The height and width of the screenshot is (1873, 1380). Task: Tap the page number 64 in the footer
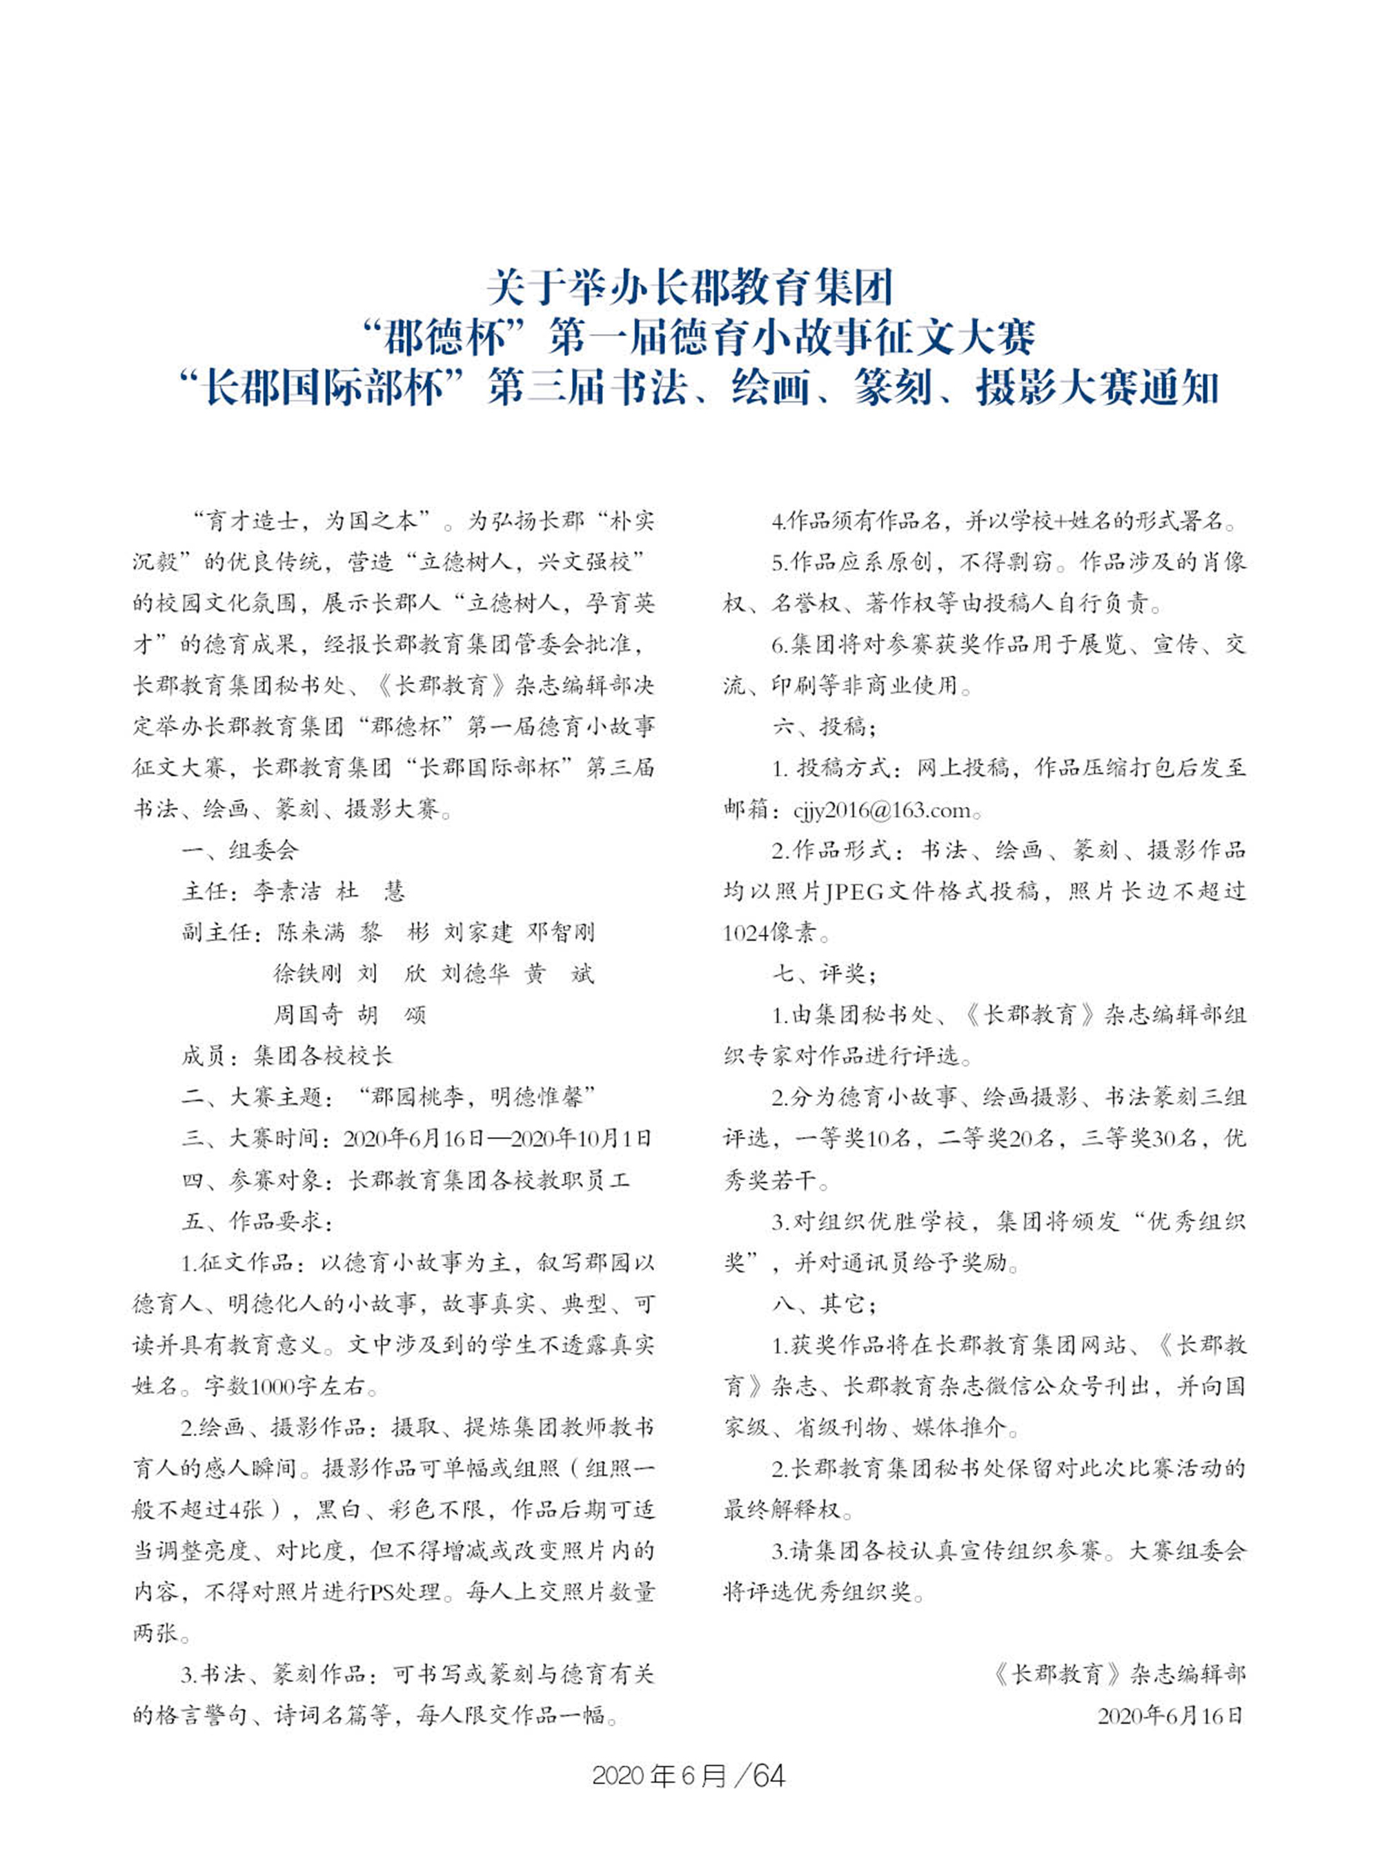(x=769, y=1775)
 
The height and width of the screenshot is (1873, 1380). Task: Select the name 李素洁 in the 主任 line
(x=286, y=891)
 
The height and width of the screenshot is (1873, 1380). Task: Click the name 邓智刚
(x=560, y=932)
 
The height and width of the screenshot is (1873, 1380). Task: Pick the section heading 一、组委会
(x=239, y=850)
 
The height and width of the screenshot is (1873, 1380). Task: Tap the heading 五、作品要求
(x=257, y=1221)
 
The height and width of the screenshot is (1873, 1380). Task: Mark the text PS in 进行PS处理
(x=382, y=1592)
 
